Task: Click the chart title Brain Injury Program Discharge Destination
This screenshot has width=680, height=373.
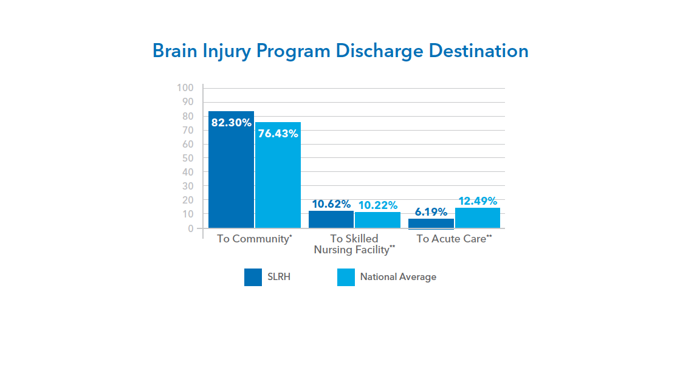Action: pos(340,50)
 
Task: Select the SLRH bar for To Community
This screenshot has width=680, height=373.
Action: pos(231,176)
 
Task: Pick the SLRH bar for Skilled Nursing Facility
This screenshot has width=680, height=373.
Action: pos(331,219)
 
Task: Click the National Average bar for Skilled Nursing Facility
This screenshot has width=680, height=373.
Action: pos(377,220)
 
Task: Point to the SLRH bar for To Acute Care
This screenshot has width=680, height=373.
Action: pos(431,223)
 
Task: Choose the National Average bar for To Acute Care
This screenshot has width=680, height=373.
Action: pos(478,218)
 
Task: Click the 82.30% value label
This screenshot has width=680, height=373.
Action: pos(231,123)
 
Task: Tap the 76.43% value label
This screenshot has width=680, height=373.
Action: pos(278,133)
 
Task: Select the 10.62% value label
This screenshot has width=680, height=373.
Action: pos(331,204)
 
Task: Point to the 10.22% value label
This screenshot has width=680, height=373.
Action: pos(377,205)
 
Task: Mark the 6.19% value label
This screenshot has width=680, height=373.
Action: pos(431,212)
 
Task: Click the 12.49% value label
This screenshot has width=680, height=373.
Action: pos(478,201)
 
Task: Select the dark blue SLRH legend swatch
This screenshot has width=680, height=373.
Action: pos(253,277)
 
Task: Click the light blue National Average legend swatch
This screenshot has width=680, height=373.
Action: pos(346,277)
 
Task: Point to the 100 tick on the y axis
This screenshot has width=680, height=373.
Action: pos(185,88)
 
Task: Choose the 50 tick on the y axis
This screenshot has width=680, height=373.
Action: pos(187,158)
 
